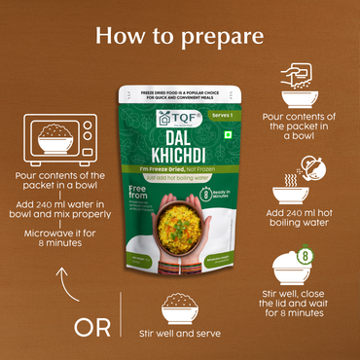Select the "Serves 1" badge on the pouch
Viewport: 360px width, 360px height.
click(x=220, y=113)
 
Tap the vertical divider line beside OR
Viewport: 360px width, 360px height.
click(x=121, y=325)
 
